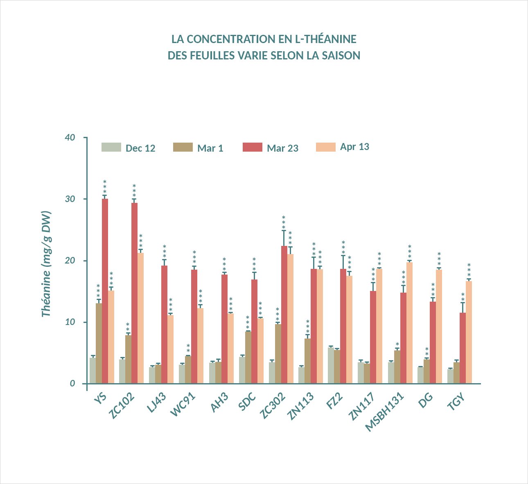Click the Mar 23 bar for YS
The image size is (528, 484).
tap(105, 291)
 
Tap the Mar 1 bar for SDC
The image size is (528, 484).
tap(248, 357)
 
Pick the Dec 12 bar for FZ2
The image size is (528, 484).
tap(331, 365)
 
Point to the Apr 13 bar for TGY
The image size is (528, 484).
tap(469, 332)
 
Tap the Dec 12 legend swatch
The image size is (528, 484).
tap(111, 148)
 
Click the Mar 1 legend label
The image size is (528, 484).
tap(210, 148)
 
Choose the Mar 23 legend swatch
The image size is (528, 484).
tap(252, 148)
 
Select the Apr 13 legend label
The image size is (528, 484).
tap(354, 147)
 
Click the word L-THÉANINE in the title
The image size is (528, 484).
tap(325, 39)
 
